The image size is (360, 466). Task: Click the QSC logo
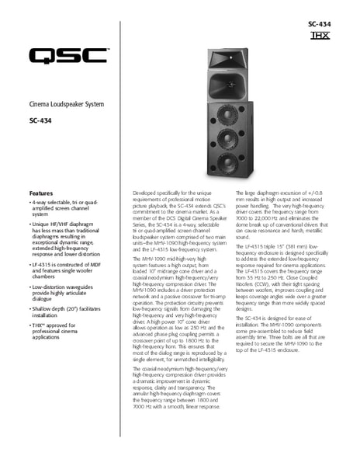[x=68, y=55]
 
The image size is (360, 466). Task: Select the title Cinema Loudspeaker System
[x=66, y=104]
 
